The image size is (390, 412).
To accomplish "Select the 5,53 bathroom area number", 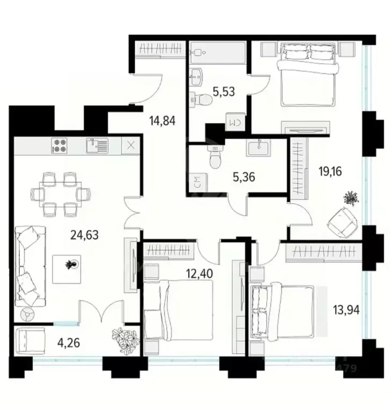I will tap(224, 92).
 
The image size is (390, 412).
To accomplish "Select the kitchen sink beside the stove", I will tap(97, 145).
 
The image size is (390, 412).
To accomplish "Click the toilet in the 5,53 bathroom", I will tap(202, 99).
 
